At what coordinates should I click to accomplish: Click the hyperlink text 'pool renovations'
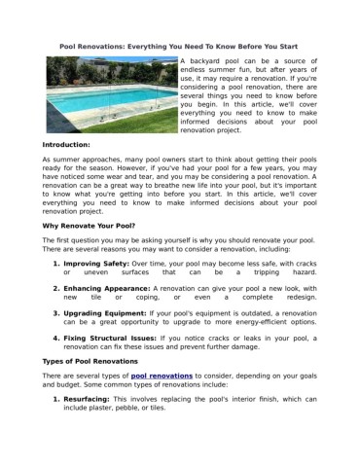[x=161, y=376]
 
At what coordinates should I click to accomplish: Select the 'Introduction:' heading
[x=73, y=143]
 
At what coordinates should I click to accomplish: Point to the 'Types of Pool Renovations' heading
[x=97, y=361]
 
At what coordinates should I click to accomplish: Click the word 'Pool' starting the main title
[x=70, y=47]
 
